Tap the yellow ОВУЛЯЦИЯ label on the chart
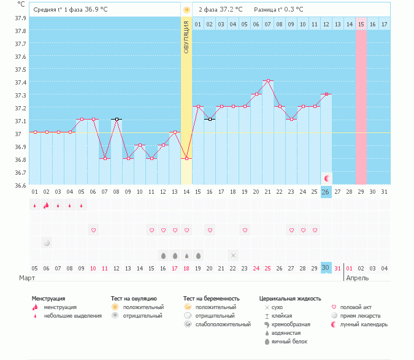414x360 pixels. (x=186, y=37)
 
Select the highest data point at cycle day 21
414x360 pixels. (x=268, y=81)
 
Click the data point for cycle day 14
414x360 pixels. (x=186, y=158)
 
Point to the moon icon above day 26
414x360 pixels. (x=326, y=178)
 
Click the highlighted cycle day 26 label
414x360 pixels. (x=326, y=192)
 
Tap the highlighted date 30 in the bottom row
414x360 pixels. (x=326, y=268)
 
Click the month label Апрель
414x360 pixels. (x=358, y=278)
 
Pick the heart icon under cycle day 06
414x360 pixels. (x=94, y=230)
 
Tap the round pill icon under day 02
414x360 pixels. (x=47, y=243)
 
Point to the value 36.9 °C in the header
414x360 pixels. (x=104, y=10)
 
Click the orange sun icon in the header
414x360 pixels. (x=186, y=10)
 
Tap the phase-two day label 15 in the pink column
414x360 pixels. (x=361, y=24)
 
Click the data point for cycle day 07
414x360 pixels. (x=105, y=158)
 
